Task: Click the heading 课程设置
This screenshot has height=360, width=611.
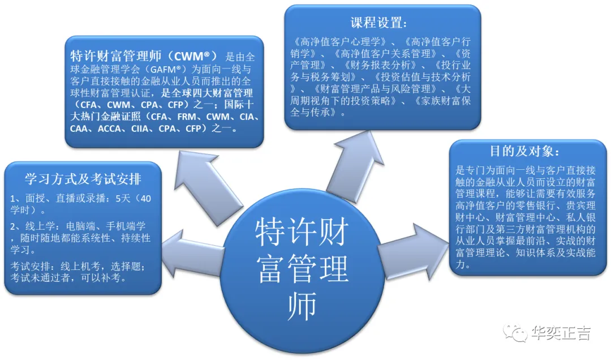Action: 378,23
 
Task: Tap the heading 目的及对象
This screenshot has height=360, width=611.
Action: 525,152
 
